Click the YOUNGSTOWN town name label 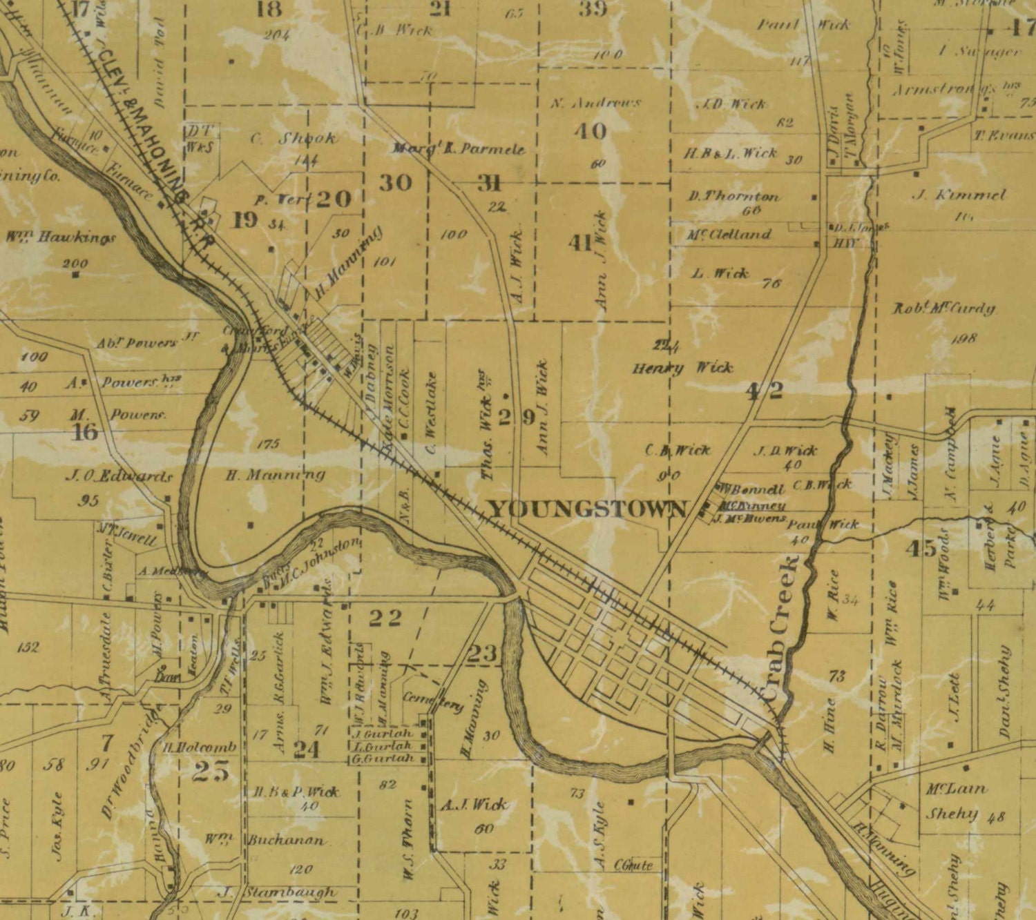(x=588, y=509)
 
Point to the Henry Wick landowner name (x=682, y=367)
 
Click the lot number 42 (x=765, y=391)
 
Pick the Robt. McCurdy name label (x=944, y=309)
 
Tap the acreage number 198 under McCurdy (x=963, y=338)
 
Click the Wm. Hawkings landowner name (x=61, y=237)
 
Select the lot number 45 (x=921, y=549)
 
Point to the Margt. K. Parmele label (x=459, y=148)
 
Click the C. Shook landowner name (x=293, y=138)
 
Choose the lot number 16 (x=84, y=433)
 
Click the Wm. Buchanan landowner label (x=265, y=840)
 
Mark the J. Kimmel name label (x=959, y=195)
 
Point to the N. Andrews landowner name (x=596, y=103)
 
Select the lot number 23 (x=482, y=652)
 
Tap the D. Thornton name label (x=733, y=196)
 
